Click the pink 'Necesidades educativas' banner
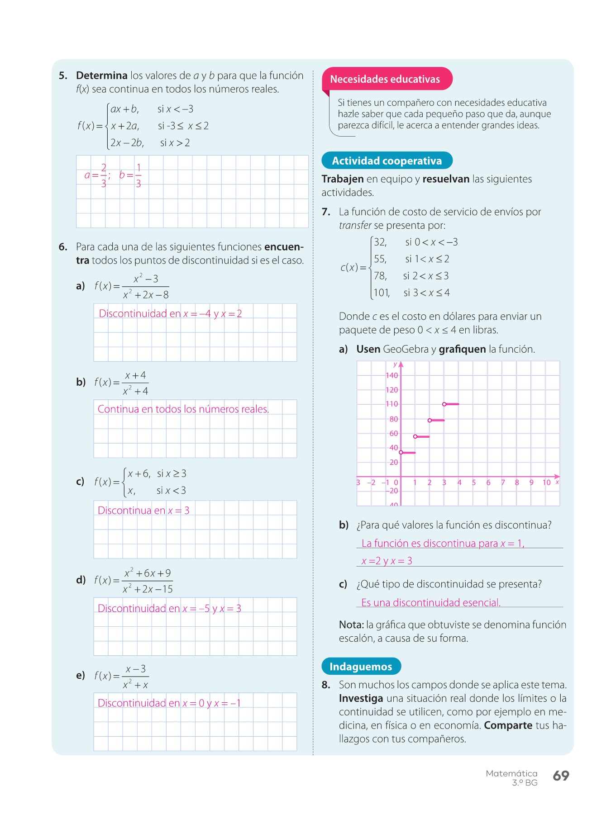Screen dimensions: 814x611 (385, 79)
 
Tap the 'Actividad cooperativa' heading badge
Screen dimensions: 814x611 (387, 161)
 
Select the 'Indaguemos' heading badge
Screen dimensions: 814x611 (361, 667)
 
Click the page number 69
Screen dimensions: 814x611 (561, 776)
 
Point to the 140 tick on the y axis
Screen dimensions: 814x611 (391, 375)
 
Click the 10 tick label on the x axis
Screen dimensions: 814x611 (546, 483)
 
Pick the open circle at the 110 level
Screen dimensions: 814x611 (444, 404)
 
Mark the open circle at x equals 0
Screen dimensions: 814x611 (401, 452)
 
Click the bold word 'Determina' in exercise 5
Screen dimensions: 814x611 (101, 76)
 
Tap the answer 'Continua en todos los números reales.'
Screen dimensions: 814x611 (183, 409)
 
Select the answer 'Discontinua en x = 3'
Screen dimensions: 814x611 (143, 511)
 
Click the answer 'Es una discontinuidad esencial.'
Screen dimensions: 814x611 (431, 603)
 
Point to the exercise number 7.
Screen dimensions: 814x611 (326, 212)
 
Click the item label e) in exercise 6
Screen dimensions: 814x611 (81, 676)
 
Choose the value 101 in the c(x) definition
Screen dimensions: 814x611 (381, 293)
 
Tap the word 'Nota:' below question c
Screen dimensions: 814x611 (351, 625)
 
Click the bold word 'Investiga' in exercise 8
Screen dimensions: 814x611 (361, 699)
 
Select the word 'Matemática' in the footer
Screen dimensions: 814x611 (511, 774)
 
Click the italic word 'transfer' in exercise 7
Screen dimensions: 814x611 (355, 226)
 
